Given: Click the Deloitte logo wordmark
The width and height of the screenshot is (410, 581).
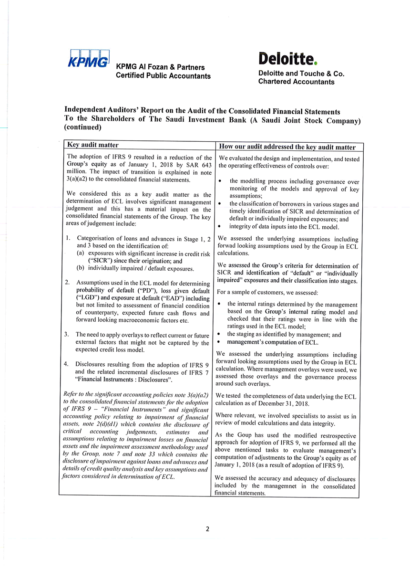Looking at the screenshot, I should [286, 59].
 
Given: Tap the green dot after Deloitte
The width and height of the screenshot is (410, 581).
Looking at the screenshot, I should [316, 63].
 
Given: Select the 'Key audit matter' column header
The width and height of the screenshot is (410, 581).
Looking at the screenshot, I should [93, 145].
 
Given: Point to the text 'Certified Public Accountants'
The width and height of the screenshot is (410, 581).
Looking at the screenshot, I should [163, 76].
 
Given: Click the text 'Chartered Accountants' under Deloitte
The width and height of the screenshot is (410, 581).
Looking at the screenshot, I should [296, 82].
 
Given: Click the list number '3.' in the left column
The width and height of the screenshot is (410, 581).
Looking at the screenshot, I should [67, 334].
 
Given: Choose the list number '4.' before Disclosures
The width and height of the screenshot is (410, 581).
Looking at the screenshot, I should [67, 364].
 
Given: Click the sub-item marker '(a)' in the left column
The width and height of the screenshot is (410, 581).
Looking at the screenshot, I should [81, 254].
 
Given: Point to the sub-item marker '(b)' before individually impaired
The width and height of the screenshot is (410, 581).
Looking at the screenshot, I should [81, 268].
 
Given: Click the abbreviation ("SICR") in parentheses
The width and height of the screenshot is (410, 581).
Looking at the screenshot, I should [101, 261].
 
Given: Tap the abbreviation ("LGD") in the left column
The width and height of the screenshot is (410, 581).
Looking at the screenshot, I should [88, 298].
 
